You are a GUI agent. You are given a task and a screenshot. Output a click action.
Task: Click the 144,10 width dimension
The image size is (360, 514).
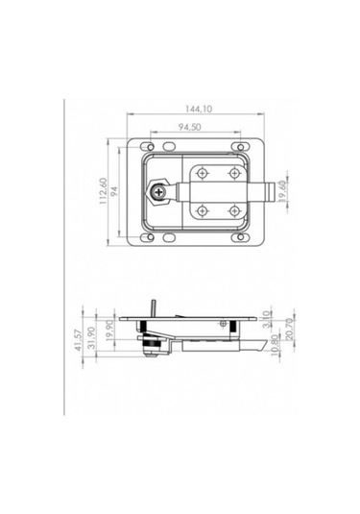click(199, 109)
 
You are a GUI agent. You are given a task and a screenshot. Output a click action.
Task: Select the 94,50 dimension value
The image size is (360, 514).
click(190, 127)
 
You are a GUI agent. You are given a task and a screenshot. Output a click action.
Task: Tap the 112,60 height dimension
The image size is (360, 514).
click(104, 191)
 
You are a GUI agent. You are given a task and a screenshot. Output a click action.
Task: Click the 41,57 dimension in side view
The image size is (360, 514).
click(79, 340)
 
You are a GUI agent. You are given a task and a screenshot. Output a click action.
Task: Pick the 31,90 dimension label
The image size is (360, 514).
click(92, 337)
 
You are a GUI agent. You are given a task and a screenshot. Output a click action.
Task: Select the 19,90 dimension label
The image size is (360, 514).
click(110, 330)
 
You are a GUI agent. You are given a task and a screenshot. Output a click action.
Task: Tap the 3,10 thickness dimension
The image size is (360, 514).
click(267, 319)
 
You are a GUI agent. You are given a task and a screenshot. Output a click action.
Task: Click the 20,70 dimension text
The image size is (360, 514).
click(290, 329)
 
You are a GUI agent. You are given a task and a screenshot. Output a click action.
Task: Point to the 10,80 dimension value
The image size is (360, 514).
click(276, 345)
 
